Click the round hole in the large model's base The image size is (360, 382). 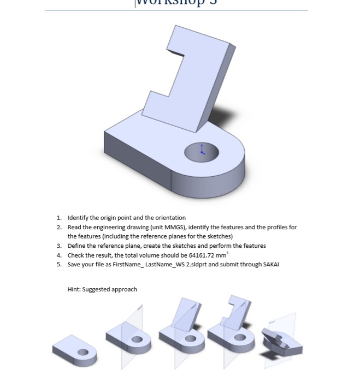coord(201,152)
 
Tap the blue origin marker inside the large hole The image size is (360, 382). coord(202,148)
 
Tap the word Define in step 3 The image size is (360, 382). coord(76,246)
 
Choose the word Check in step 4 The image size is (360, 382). coord(76,255)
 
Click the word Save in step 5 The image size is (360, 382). coord(74,265)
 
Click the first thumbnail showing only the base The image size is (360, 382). coord(76,348)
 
